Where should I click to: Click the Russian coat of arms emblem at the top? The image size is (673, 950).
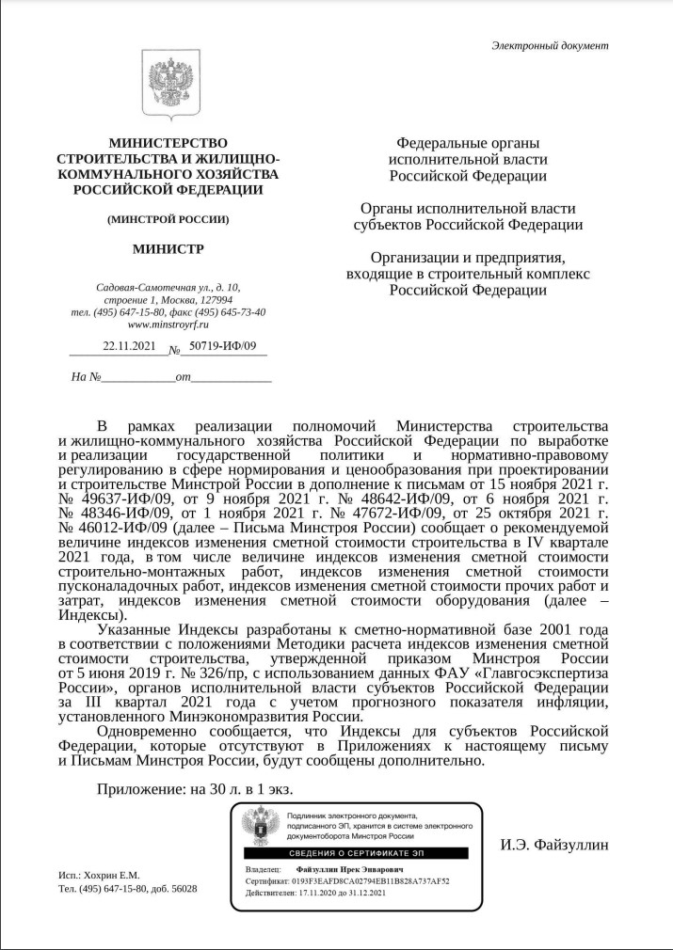point(168,84)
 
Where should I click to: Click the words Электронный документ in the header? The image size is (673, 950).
point(550,46)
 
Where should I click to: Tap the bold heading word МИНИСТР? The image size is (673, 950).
point(168,249)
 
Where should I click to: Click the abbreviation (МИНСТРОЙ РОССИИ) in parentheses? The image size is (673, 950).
point(168,219)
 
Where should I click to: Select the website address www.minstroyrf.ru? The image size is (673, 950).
point(168,325)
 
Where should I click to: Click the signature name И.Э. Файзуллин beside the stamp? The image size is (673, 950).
point(553,845)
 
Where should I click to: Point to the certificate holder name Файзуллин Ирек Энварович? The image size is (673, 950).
point(352,871)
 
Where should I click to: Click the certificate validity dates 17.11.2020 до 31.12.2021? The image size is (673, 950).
point(344,893)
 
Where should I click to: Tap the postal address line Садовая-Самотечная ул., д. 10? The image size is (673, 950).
point(168,287)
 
